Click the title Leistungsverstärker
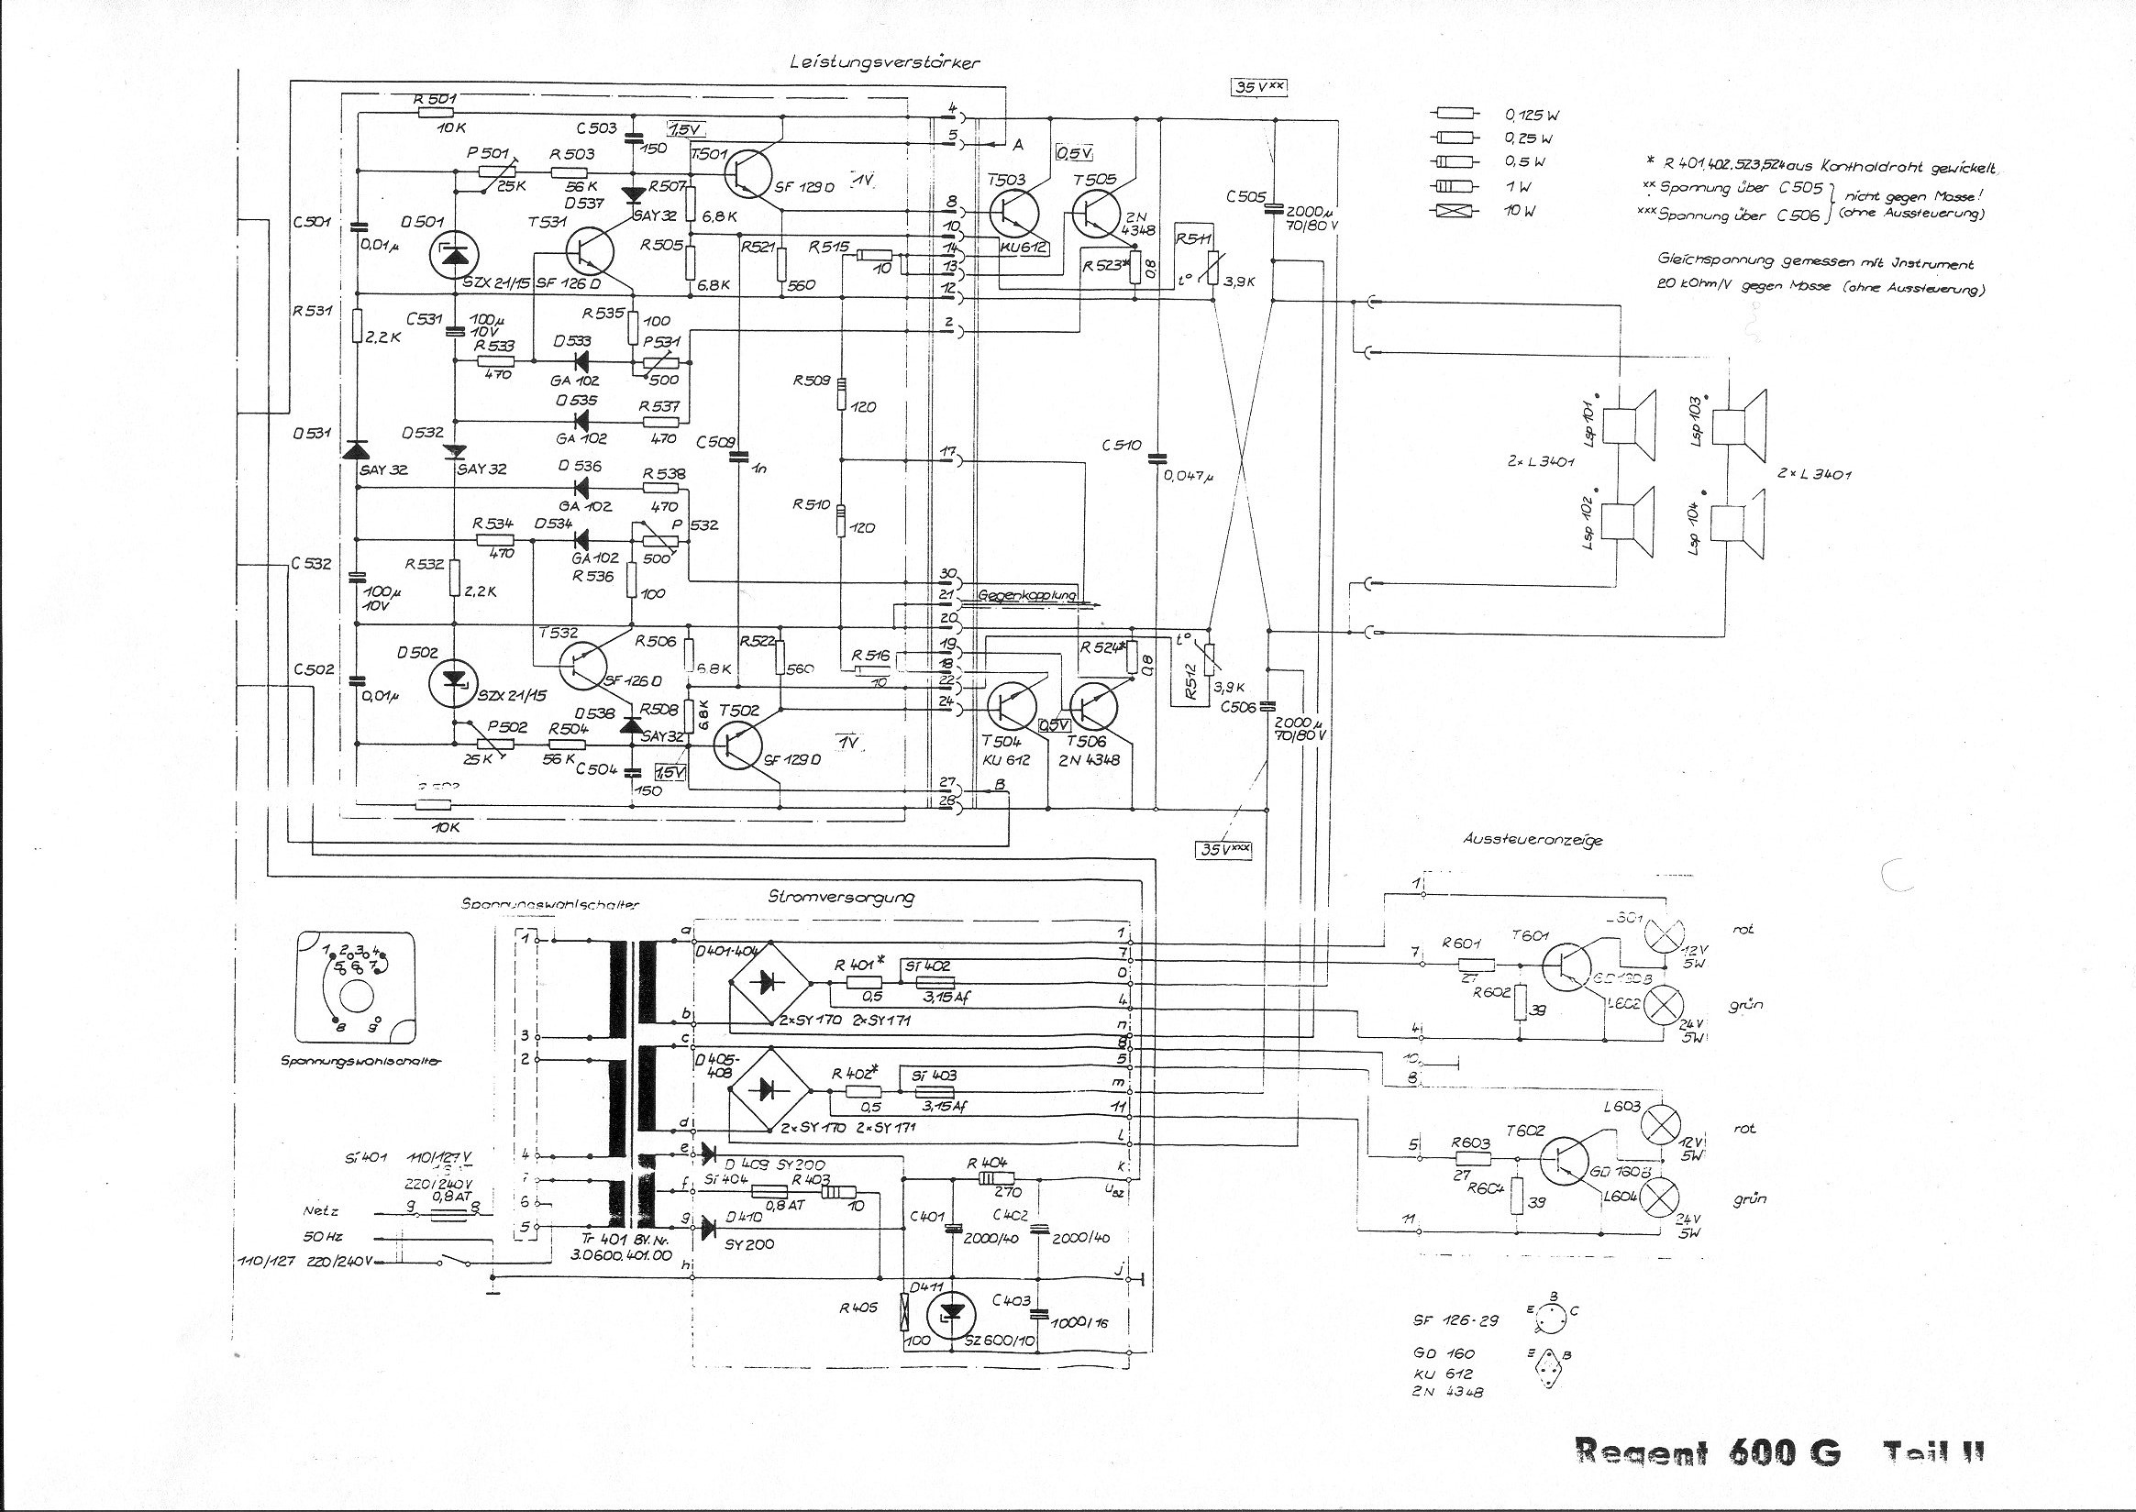click(x=883, y=62)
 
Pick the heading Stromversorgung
click(x=841, y=898)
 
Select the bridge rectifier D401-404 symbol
click(x=767, y=980)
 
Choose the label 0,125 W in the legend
click(x=1531, y=116)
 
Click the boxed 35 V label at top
click(x=1257, y=86)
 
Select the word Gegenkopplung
click(x=1026, y=594)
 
